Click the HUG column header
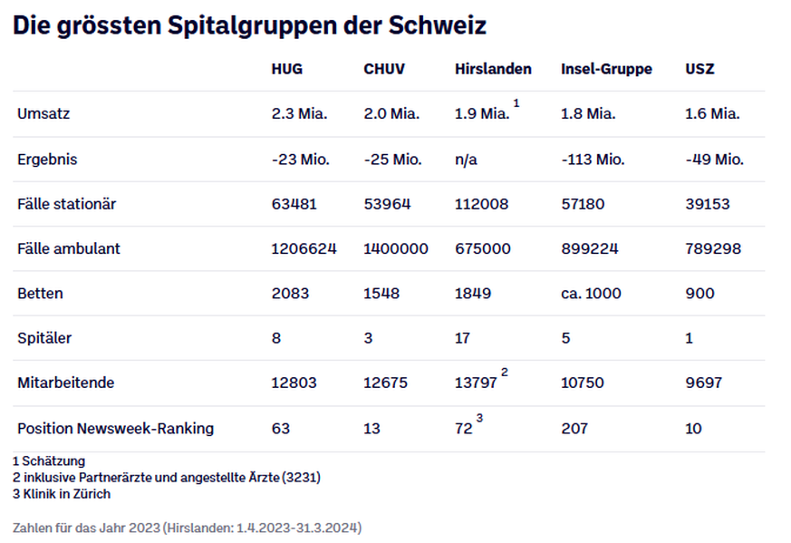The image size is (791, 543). (287, 70)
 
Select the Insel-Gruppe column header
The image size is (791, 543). (606, 70)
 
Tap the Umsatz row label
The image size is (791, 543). (43, 114)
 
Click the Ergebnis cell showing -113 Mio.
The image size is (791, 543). (593, 160)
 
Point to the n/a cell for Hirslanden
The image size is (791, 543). (466, 160)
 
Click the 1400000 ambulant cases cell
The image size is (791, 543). (396, 248)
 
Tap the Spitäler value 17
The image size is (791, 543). (463, 338)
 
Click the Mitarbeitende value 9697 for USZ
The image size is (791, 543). (704, 383)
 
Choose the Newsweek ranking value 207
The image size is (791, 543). (574, 428)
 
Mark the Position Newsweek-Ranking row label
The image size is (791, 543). (115, 428)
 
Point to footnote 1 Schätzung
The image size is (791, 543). (49, 461)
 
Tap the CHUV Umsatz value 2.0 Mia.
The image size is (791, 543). (391, 114)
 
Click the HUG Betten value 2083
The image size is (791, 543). (290, 294)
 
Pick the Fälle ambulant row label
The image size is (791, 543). (69, 248)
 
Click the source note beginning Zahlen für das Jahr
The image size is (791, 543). (187, 527)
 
